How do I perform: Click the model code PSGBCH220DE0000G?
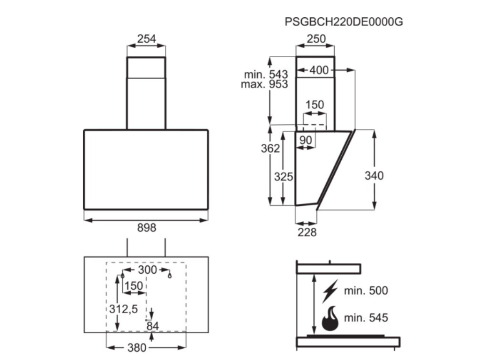[x=344, y=22]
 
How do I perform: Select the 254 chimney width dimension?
[x=146, y=39]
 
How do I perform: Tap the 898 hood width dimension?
[x=147, y=227]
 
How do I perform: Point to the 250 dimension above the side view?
[x=316, y=39]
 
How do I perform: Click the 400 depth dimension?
[x=319, y=70]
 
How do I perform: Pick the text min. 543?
[x=266, y=75]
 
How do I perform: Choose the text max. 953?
[x=264, y=84]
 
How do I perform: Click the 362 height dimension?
[x=270, y=149]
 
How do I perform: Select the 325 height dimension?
[x=284, y=177]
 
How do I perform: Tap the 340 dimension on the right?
[x=374, y=176]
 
